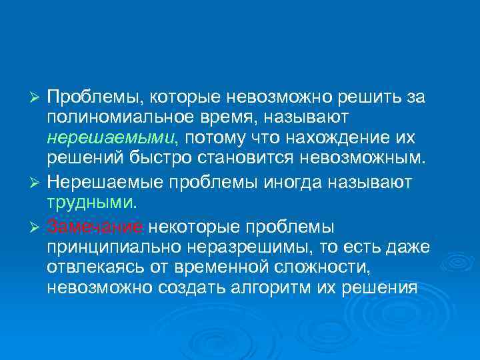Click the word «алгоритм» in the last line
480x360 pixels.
click(x=287, y=289)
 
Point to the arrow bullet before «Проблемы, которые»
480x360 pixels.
click(x=37, y=98)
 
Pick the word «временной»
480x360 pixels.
click(x=216, y=269)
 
